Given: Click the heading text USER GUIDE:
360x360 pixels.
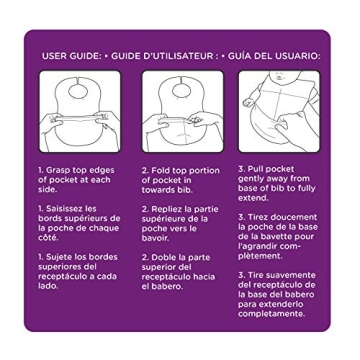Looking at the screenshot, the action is [x=72, y=56].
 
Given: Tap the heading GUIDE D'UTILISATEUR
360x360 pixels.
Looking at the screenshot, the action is [x=162, y=56].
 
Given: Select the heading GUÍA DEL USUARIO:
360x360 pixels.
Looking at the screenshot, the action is [x=274, y=56].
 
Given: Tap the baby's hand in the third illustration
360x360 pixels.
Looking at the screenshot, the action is [x=249, y=102].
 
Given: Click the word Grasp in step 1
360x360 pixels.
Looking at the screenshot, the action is [x=58, y=171].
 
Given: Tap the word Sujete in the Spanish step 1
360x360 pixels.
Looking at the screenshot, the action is [x=58, y=258].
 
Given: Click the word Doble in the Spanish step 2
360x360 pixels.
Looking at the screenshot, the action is [x=163, y=258].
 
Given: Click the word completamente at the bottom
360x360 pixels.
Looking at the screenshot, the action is [x=271, y=314].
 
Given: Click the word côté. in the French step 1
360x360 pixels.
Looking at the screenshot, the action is [x=48, y=238].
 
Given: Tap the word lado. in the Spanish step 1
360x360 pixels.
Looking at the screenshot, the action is [x=48, y=286].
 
